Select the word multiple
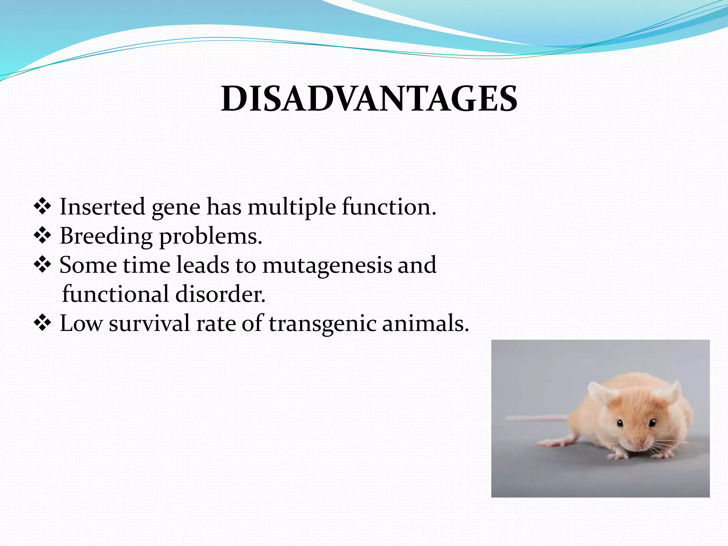[x=291, y=207]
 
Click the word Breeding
[x=106, y=236]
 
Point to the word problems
[x=210, y=236]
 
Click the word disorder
[x=220, y=294]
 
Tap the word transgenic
[x=322, y=324]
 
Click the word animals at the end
[x=425, y=323]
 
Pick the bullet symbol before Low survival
[x=42, y=323]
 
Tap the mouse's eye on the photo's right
[x=652, y=423]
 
